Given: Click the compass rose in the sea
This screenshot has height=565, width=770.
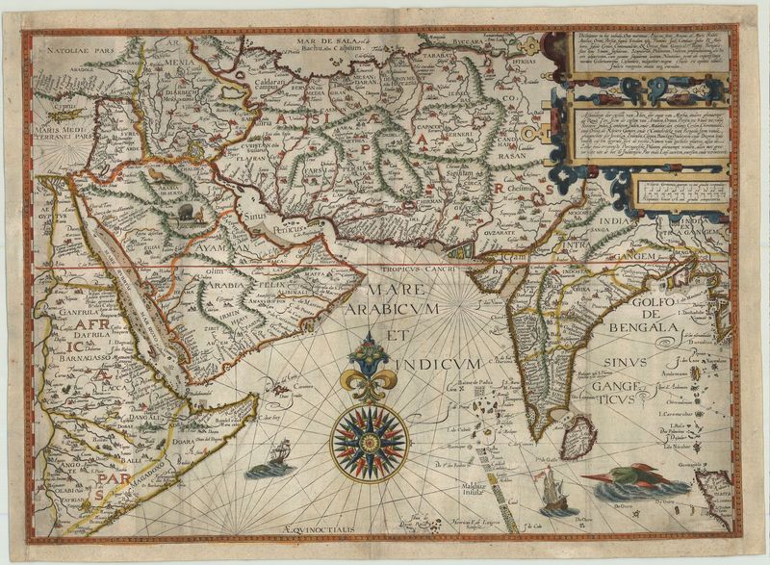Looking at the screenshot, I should (370, 442).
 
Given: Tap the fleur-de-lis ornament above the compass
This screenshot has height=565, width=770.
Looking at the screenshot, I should (370, 372).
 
